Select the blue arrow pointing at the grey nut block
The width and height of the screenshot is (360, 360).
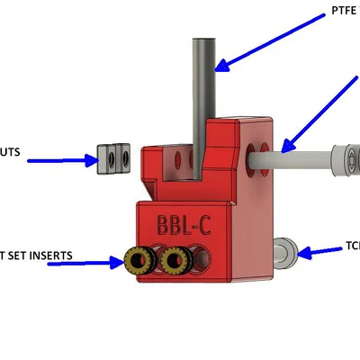pyautogui.click(x=62, y=161)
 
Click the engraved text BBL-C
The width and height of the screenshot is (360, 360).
pyautogui.click(x=185, y=223)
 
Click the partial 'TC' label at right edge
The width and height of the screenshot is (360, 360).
pyautogui.click(x=352, y=245)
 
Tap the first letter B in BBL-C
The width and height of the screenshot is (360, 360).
pyautogui.click(x=163, y=223)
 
